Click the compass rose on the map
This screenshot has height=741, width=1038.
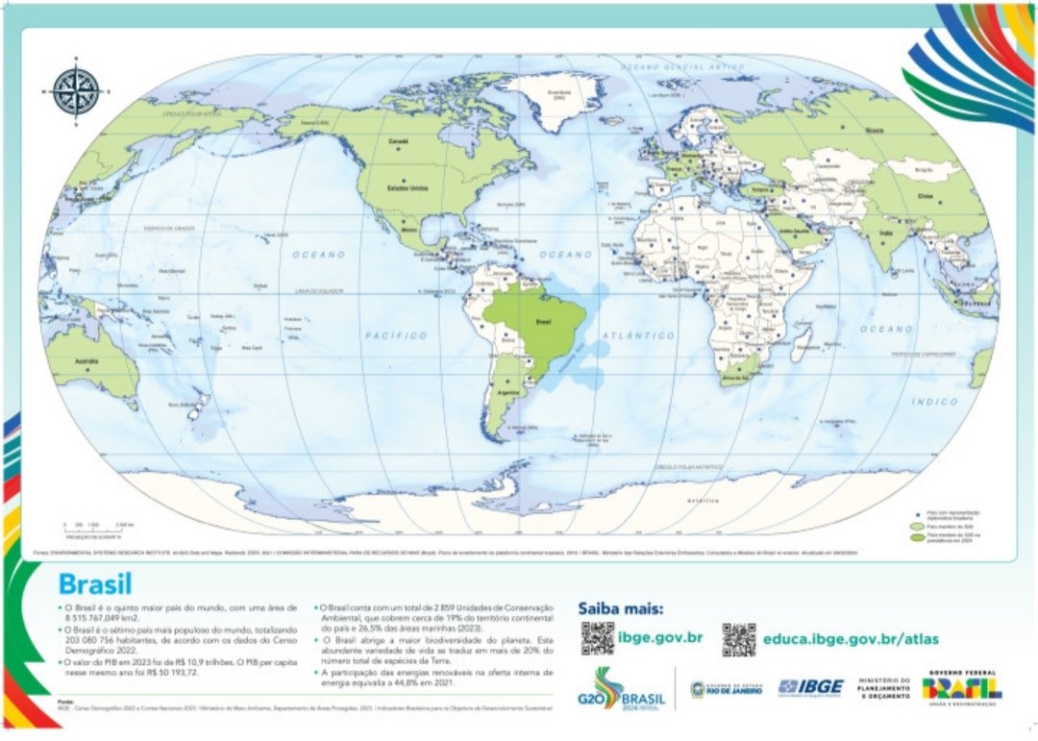click(x=77, y=92)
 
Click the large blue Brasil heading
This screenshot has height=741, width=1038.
click(x=95, y=584)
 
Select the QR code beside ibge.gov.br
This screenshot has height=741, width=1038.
click(x=597, y=639)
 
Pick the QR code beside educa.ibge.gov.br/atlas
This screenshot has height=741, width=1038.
click(x=739, y=639)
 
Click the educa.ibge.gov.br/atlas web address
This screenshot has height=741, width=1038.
click(x=851, y=638)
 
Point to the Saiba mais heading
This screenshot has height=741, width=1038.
click(x=620, y=607)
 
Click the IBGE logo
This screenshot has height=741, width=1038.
click(x=810, y=687)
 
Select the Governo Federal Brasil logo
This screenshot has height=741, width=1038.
click(x=961, y=687)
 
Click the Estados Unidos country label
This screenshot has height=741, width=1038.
click(x=407, y=188)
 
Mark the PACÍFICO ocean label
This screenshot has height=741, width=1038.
click(x=395, y=335)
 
